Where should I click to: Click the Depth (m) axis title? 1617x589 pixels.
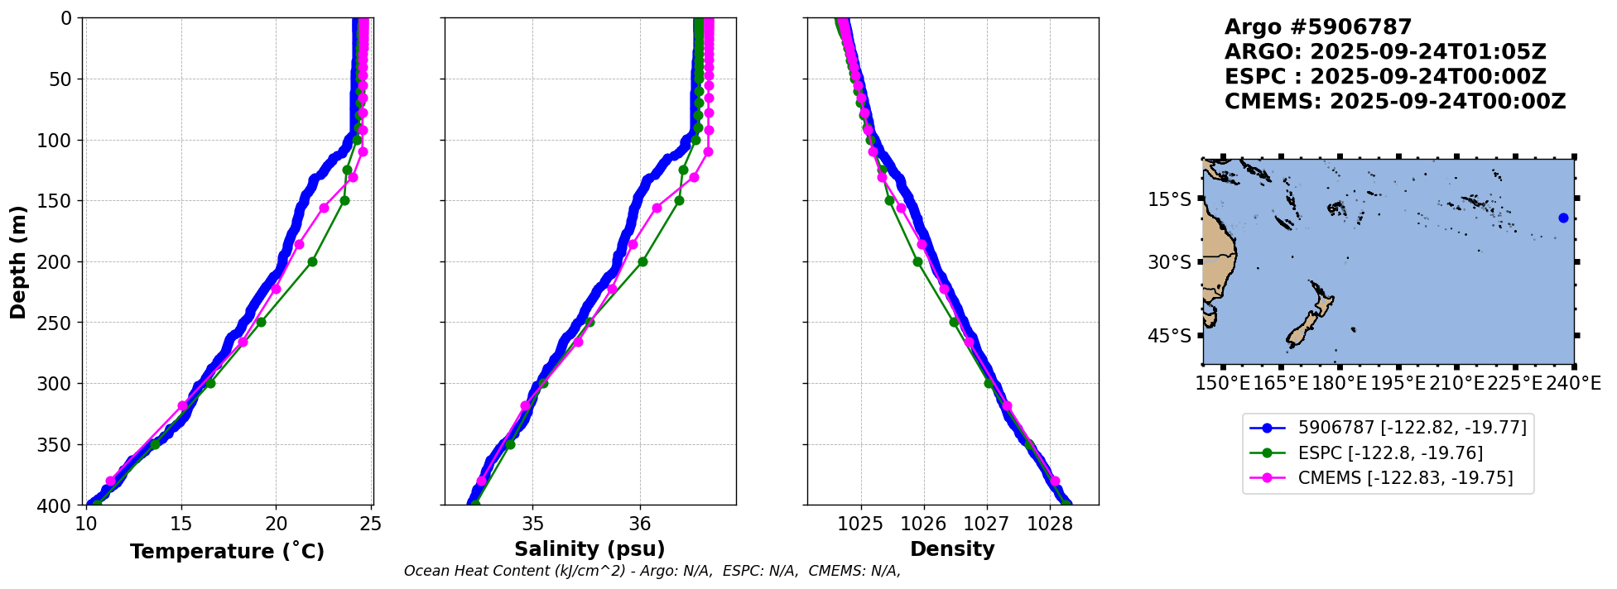click(17, 262)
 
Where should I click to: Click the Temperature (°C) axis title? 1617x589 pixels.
click(227, 552)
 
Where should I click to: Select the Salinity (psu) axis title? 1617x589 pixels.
click(590, 549)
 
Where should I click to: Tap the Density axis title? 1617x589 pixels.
click(952, 549)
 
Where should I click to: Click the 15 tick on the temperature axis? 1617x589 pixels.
click(181, 524)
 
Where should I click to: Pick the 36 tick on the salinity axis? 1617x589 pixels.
click(640, 524)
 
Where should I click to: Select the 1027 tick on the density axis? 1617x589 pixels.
click(987, 524)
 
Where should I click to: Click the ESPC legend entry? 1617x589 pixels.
click(1390, 453)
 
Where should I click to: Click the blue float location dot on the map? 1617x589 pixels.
click(1563, 218)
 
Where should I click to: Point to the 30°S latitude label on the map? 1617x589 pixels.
click(1169, 262)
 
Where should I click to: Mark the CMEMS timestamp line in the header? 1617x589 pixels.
click(1395, 102)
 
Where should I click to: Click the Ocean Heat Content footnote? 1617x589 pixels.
click(652, 571)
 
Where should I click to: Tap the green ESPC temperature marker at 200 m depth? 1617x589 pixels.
click(312, 262)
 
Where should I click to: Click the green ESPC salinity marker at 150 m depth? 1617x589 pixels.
click(679, 201)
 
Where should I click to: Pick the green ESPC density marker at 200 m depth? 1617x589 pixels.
click(917, 262)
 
